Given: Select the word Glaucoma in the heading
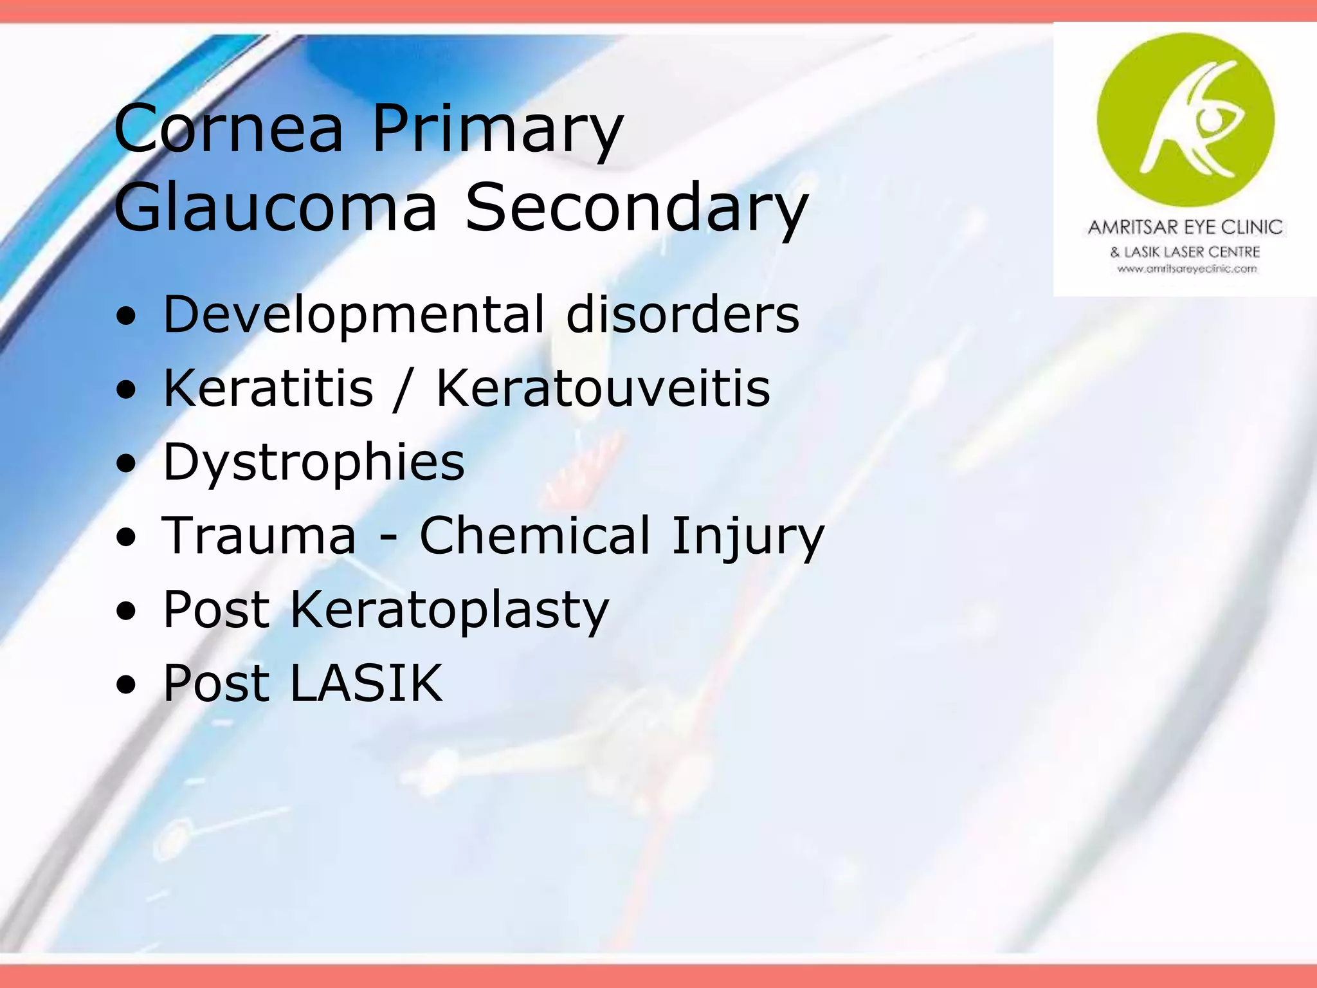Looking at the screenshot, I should tap(276, 207).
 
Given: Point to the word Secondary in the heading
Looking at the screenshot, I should tap(636, 207).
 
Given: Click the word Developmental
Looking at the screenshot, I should tap(354, 315).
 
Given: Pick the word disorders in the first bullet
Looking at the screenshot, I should tap(682, 315).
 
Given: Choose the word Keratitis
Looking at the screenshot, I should tap(268, 389).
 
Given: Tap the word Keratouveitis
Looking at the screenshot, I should tap(603, 389).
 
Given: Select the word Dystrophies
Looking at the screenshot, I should tap(314, 462).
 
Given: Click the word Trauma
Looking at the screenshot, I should tap(259, 536).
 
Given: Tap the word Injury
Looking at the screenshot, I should tap(747, 536).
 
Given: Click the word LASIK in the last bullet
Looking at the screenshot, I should tap(367, 683).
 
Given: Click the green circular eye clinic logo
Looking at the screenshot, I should tap(1185, 120).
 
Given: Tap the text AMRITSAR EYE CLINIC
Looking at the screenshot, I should tap(1185, 227).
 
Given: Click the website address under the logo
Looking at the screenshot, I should tap(1186, 270).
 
